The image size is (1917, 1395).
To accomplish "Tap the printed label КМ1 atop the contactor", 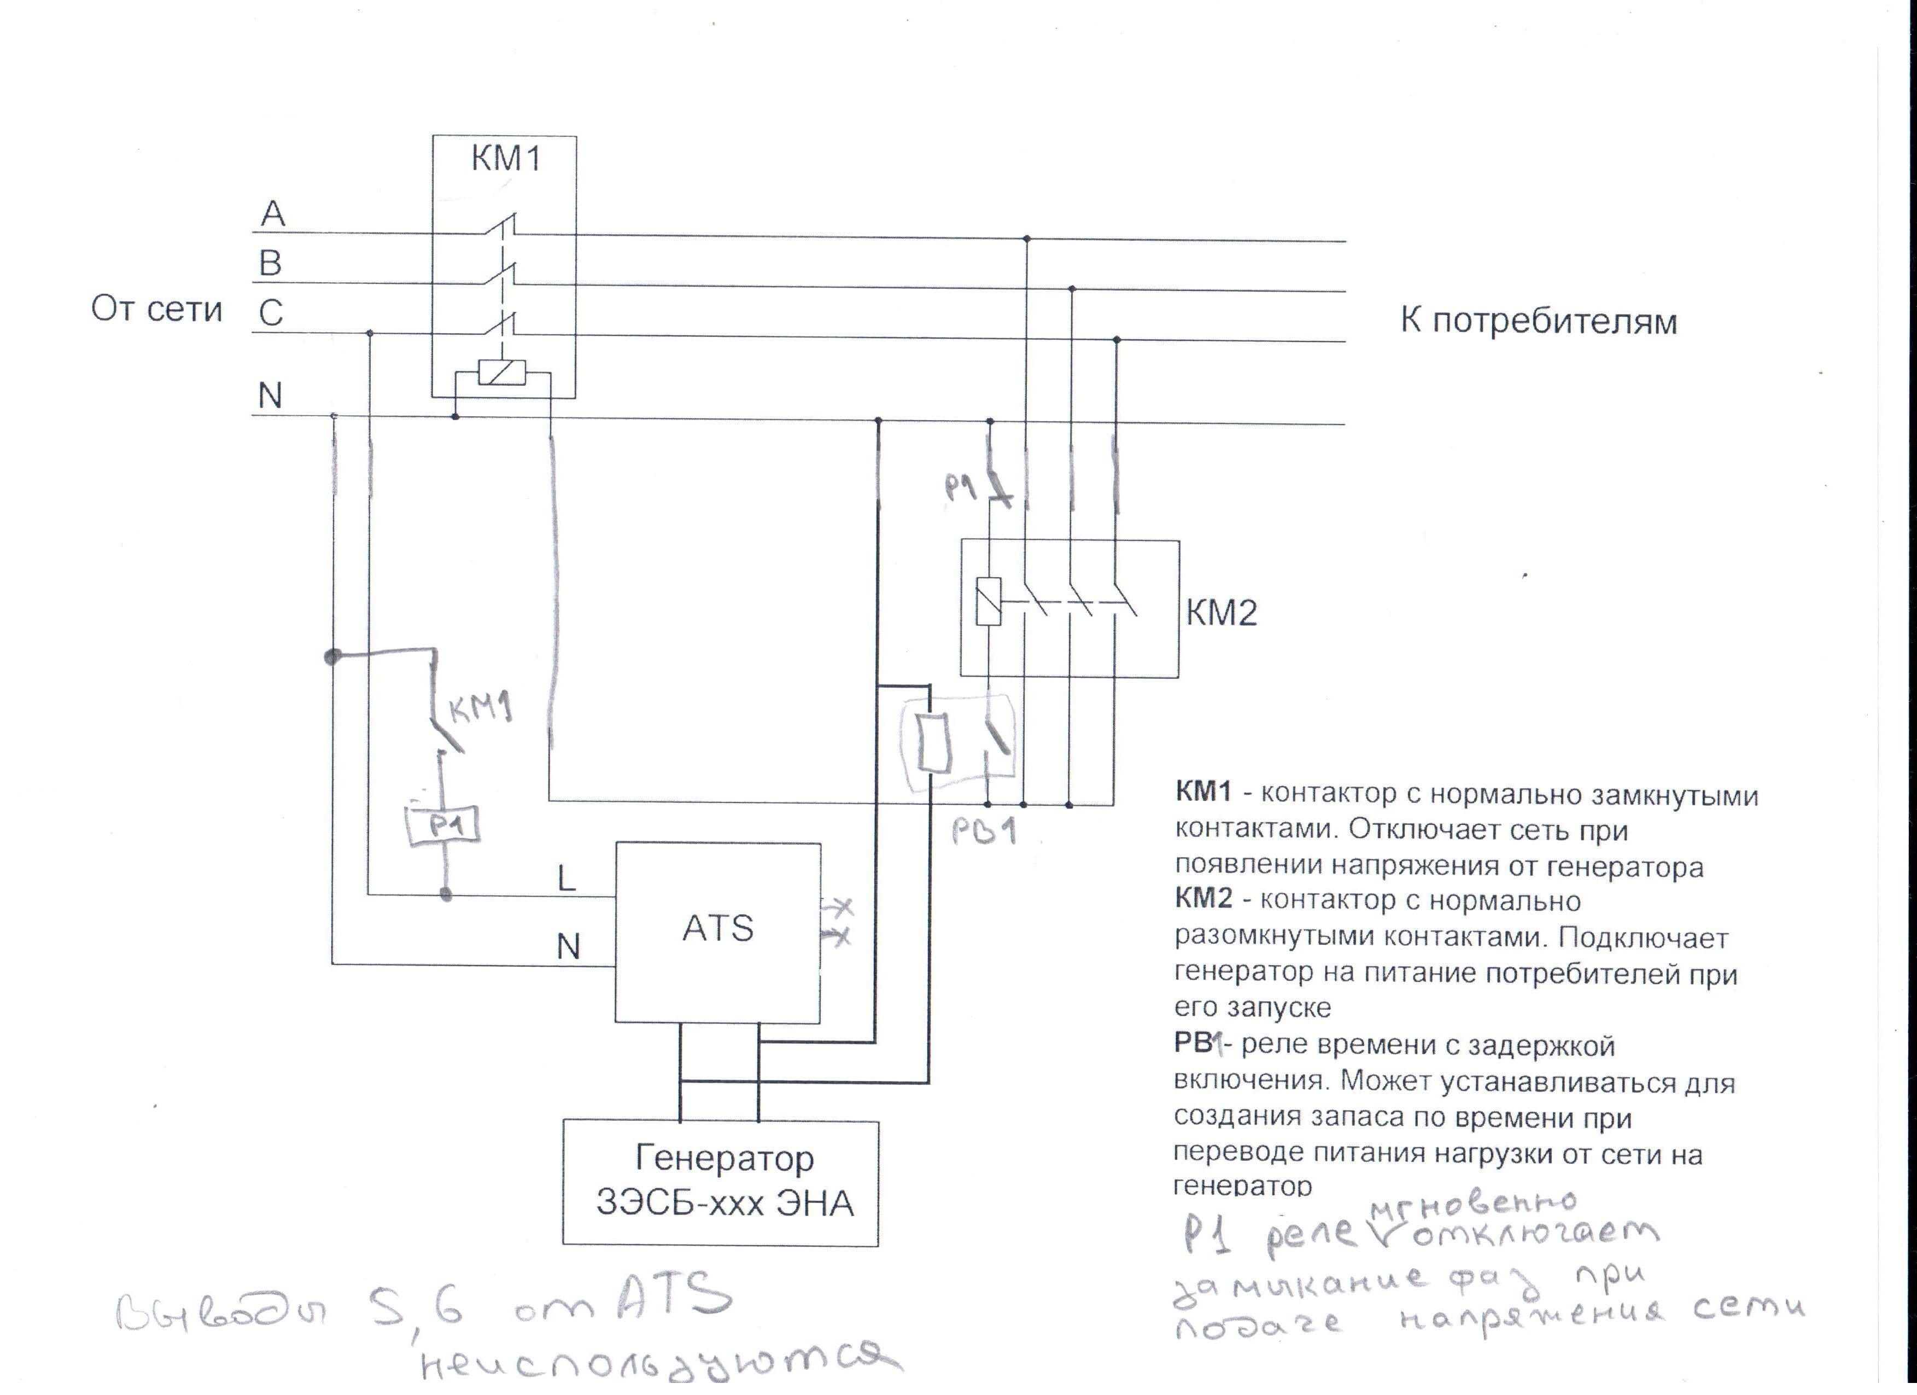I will coord(505,158).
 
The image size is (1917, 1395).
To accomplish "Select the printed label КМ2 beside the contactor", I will coord(1221,612).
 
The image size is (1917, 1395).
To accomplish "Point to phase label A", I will coord(272,214).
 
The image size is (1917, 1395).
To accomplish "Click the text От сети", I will coord(156,310).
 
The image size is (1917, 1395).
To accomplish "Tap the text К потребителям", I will coord(1538,321).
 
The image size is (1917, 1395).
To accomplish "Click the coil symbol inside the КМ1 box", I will coord(502,372).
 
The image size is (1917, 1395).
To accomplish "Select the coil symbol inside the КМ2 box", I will coord(988,601).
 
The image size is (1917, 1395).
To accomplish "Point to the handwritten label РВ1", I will coord(983,832).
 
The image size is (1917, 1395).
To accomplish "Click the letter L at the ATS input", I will coord(566,879).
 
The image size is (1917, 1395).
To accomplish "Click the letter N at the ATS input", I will coord(568,947).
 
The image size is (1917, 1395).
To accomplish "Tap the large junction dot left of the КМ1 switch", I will coord(333,656).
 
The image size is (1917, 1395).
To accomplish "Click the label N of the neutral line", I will coord(270,396).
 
